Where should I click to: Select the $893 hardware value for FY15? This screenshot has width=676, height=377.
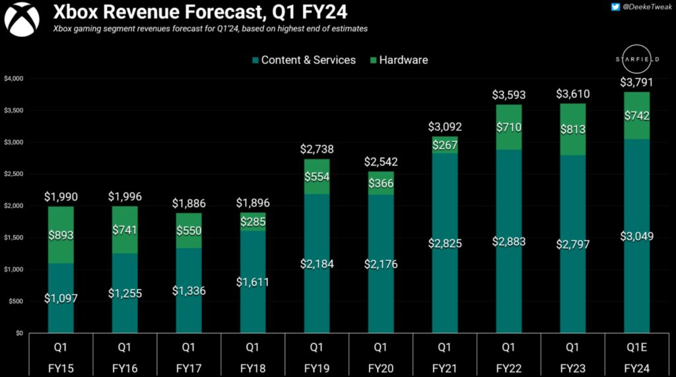(x=61, y=235)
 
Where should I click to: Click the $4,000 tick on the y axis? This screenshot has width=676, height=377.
(x=13, y=78)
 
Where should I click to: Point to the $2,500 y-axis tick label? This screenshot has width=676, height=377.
(x=13, y=174)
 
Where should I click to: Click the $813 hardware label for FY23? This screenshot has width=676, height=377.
(x=572, y=130)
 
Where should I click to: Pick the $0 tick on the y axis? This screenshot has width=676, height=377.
(x=18, y=333)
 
